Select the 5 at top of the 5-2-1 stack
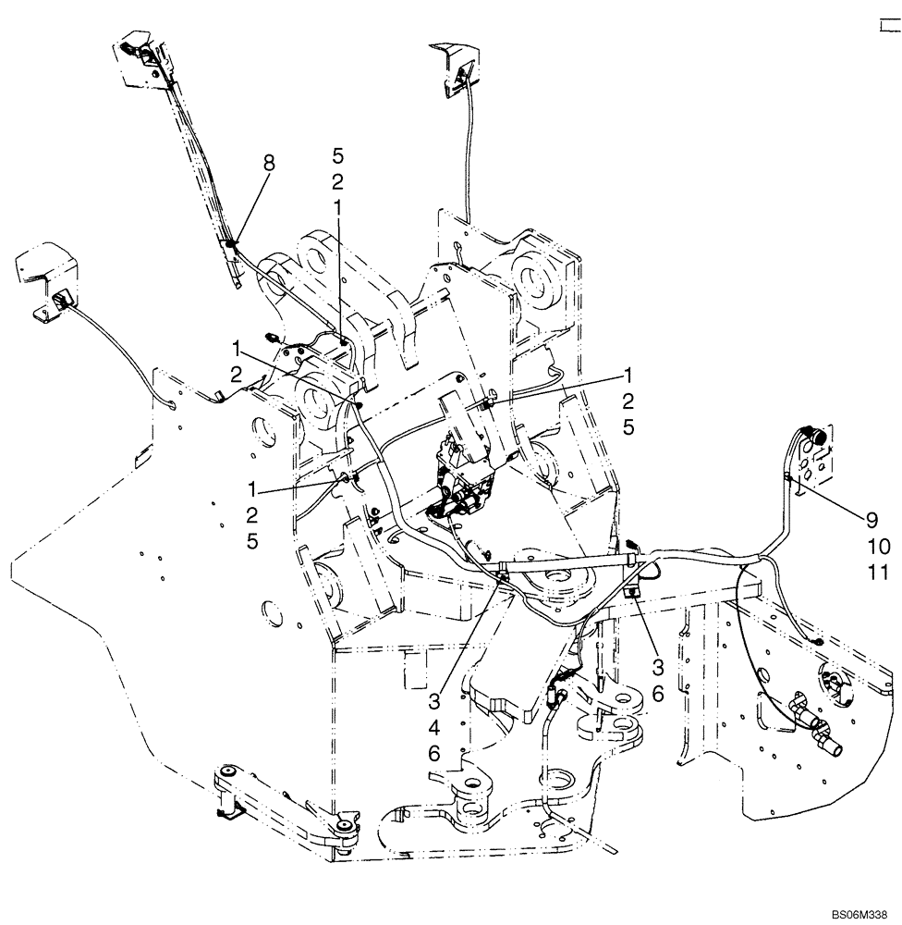[338, 154]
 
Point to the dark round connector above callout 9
[816, 432]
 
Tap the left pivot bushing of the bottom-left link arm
[227, 773]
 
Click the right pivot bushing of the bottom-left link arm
[345, 825]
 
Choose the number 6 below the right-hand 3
[658, 693]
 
